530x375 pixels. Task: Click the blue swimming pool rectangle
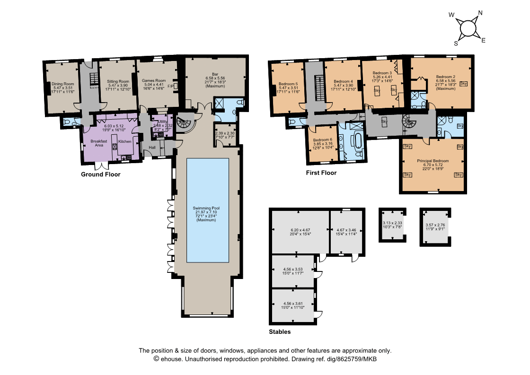point(208,210)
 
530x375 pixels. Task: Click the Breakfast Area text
point(99,143)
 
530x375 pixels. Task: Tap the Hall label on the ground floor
point(152,148)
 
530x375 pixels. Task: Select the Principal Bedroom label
point(433,161)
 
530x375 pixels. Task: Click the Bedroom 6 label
point(322,140)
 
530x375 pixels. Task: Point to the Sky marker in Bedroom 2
point(463,84)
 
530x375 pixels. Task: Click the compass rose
point(468,27)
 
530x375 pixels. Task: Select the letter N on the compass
point(480,13)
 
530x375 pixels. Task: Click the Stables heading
point(280,332)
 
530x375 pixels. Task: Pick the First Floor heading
point(321,173)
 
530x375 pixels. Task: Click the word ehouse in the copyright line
point(170,359)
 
